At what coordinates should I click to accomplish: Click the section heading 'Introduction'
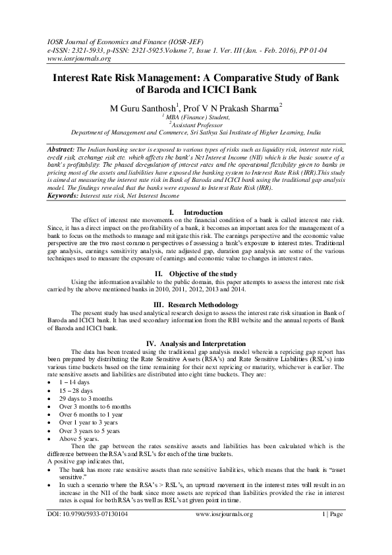pos(203,212)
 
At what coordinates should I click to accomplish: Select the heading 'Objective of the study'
pos(202,254)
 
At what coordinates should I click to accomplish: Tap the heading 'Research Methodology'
pos(204,285)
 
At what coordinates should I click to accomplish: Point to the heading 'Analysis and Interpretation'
pos(204,343)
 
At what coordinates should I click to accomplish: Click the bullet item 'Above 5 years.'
pos(79,438)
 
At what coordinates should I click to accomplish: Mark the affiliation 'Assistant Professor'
pos(197,123)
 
